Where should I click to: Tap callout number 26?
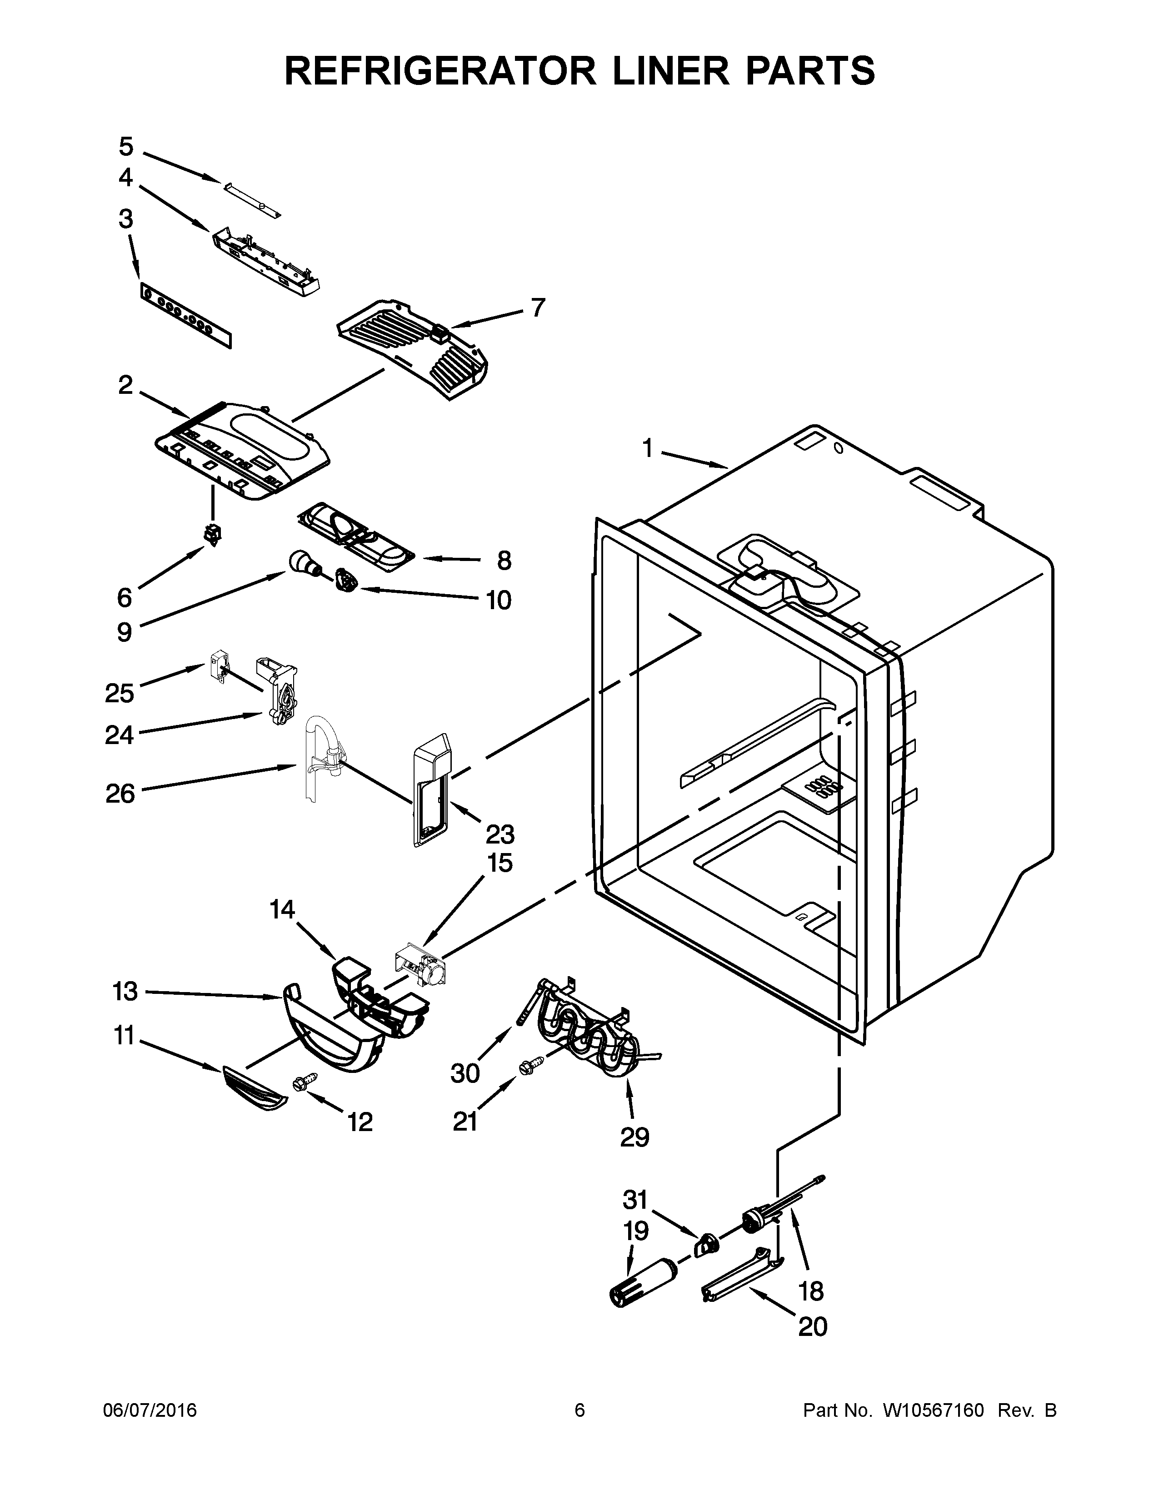120,794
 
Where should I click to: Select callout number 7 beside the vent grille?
538,308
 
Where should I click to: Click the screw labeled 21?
530,1065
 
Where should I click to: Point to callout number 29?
634,1137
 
